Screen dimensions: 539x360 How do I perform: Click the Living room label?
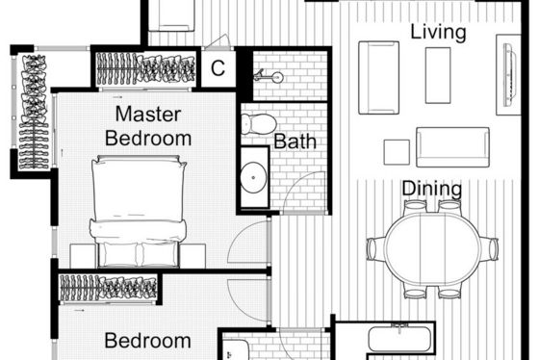pyautogui.click(x=438, y=32)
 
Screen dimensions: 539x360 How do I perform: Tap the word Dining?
pyautogui.click(x=432, y=189)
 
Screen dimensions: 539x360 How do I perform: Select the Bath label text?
pyautogui.click(x=295, y=141)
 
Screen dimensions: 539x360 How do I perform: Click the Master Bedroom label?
pyautogui.click(x=148, y=126)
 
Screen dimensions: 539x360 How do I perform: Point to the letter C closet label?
pyautogui.click(x=218, y=68)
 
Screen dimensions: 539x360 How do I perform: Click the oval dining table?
pyautogui.click(x=432, y=248)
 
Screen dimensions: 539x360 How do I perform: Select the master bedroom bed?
pyautogui.click(x=139, y=211)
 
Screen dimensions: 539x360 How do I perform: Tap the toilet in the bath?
pyautogui.click(x=259, y=124)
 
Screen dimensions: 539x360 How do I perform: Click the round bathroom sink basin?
pyautogui.click(x=253, y=177)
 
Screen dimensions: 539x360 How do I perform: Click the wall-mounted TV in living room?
pyautogui.click(x=509, y=75)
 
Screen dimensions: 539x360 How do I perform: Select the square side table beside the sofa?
pyautogui.click(x=397, y=152)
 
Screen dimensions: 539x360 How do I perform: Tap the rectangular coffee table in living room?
pyautogui.click(x=438, y=75)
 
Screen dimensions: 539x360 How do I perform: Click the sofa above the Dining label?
pyautogui.click(x=452, y=147)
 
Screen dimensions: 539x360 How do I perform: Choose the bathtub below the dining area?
pyautogui.click(x=399, y=339)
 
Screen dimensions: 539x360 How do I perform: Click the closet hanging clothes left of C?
pyautogui.click(x=145, y=68)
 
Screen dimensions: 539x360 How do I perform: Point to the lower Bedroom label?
pyautogui.click(x=148, y=341)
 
